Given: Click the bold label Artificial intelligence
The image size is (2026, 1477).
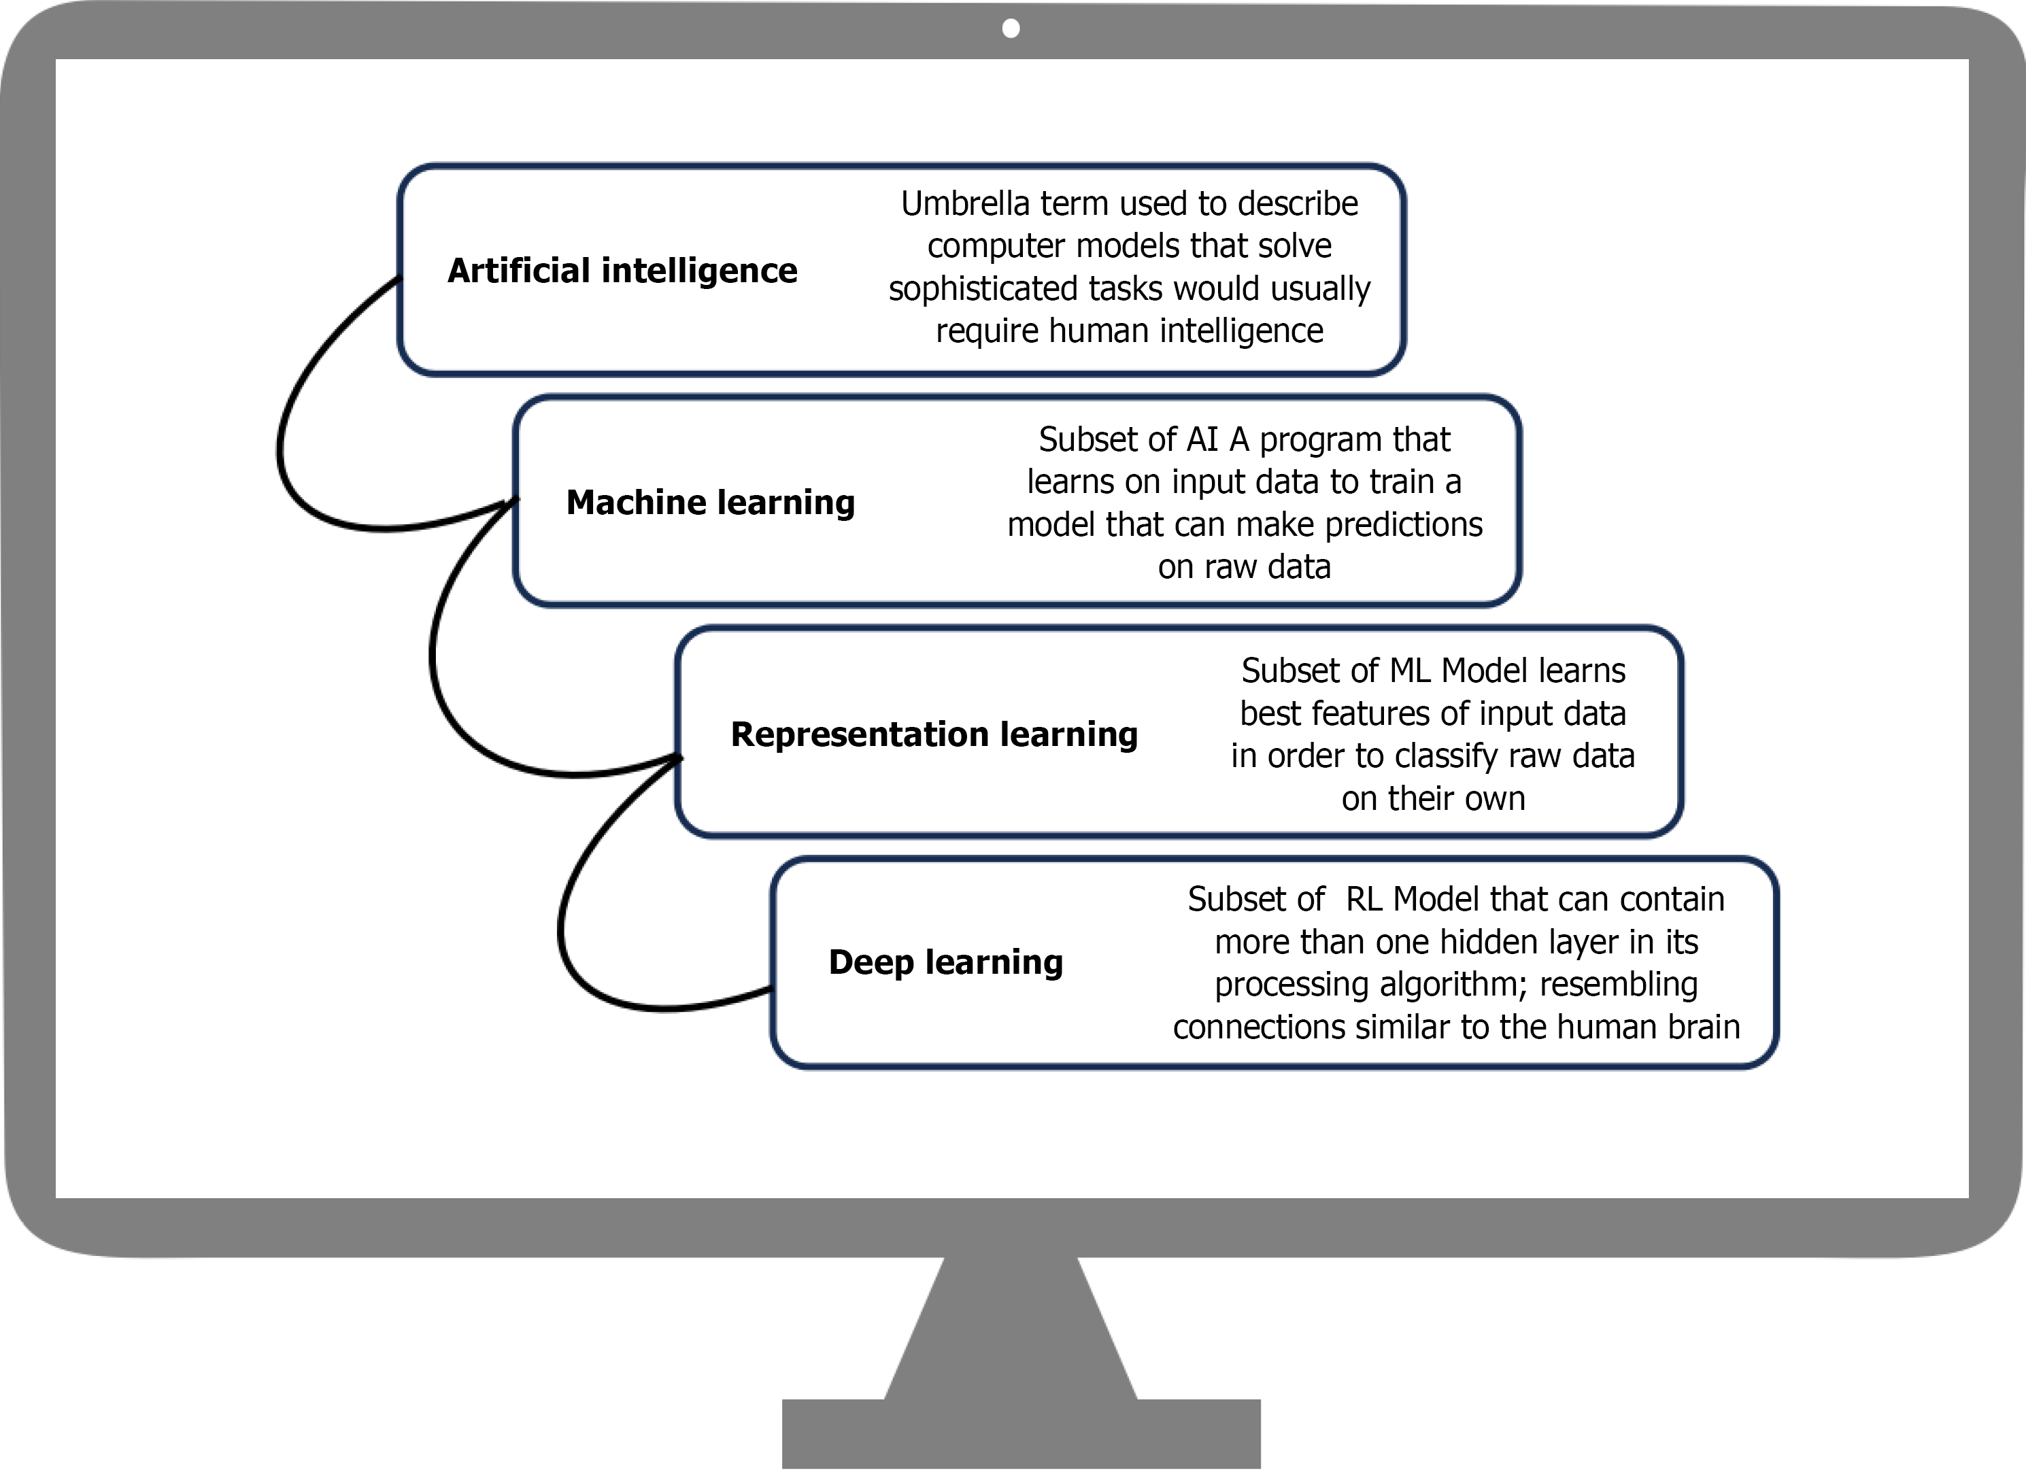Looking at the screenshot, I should point(622,270).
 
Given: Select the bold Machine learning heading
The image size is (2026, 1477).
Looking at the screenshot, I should point(710,502).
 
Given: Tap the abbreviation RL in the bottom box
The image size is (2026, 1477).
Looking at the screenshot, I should point(1364,898).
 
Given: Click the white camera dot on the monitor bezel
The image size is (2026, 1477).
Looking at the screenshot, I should point(1011,29).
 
